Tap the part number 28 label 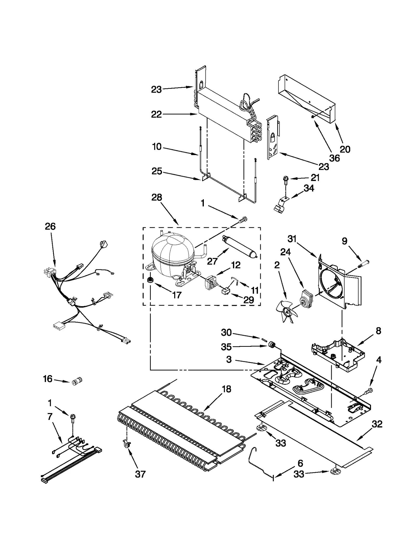click(x=157, y=197)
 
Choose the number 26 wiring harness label click(x=50, y=227)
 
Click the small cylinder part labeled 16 click(x=77, y=381)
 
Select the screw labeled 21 click(x=285, y=180)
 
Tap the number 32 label click(x=377, y=424)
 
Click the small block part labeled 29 click(x=225, y=291)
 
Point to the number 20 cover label click(x=345, y=149)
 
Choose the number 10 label click(x=157, y=147)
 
